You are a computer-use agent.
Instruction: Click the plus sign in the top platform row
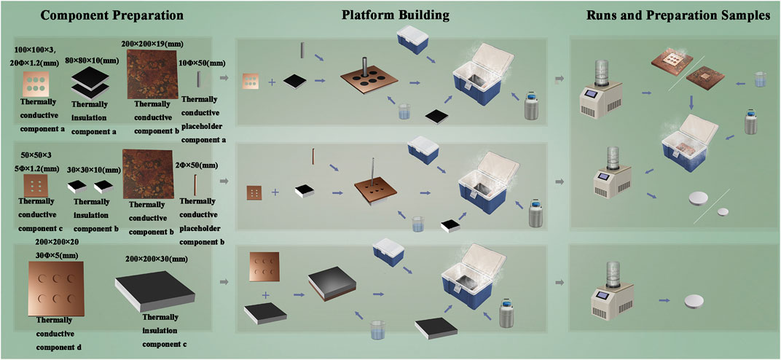[272, 82]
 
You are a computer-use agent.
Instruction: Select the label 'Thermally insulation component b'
[91, 208]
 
